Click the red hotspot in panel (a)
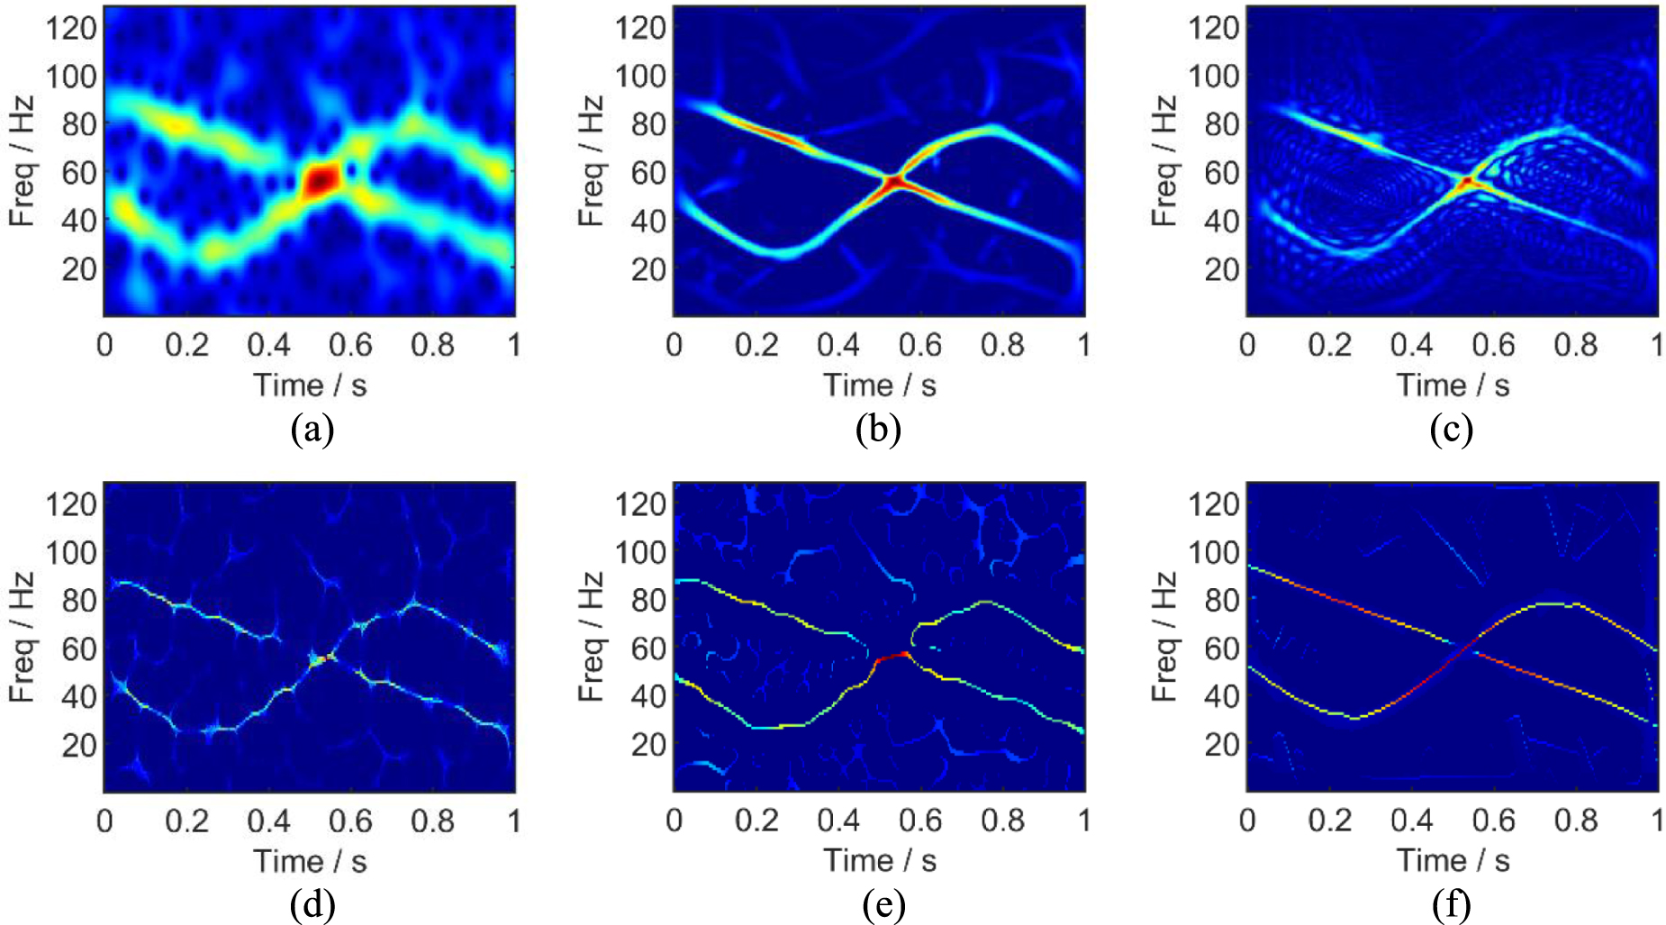(321, 180)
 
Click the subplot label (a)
(312, 430)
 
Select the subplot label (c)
(1451, 430)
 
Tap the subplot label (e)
(883, 905)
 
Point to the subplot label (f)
(1451, 905)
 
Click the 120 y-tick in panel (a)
(71, 28)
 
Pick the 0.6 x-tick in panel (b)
(919, 345)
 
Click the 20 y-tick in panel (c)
(1222, 268)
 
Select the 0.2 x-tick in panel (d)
(186, 821)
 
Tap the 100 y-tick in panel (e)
(639, 552)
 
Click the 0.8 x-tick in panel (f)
(1575, 821)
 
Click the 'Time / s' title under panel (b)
(879, 385)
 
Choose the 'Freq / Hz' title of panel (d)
(23, 636)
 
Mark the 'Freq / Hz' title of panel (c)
(1164, 160)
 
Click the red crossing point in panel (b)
(893, 182)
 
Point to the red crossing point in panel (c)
(1467, 182)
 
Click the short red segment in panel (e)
(892, 657)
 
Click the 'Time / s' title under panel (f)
(1452, 861)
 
